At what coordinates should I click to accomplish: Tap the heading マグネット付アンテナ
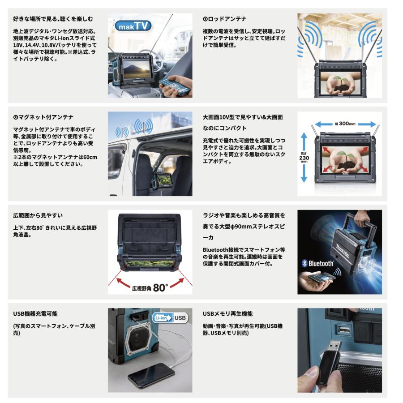click(x=43, y=117)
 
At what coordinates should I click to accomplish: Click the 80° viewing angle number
click(x=160, y=288)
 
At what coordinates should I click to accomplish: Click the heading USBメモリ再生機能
click(x=231, y=314)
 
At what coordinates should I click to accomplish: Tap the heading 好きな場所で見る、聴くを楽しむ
click(x=53, y=19)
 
